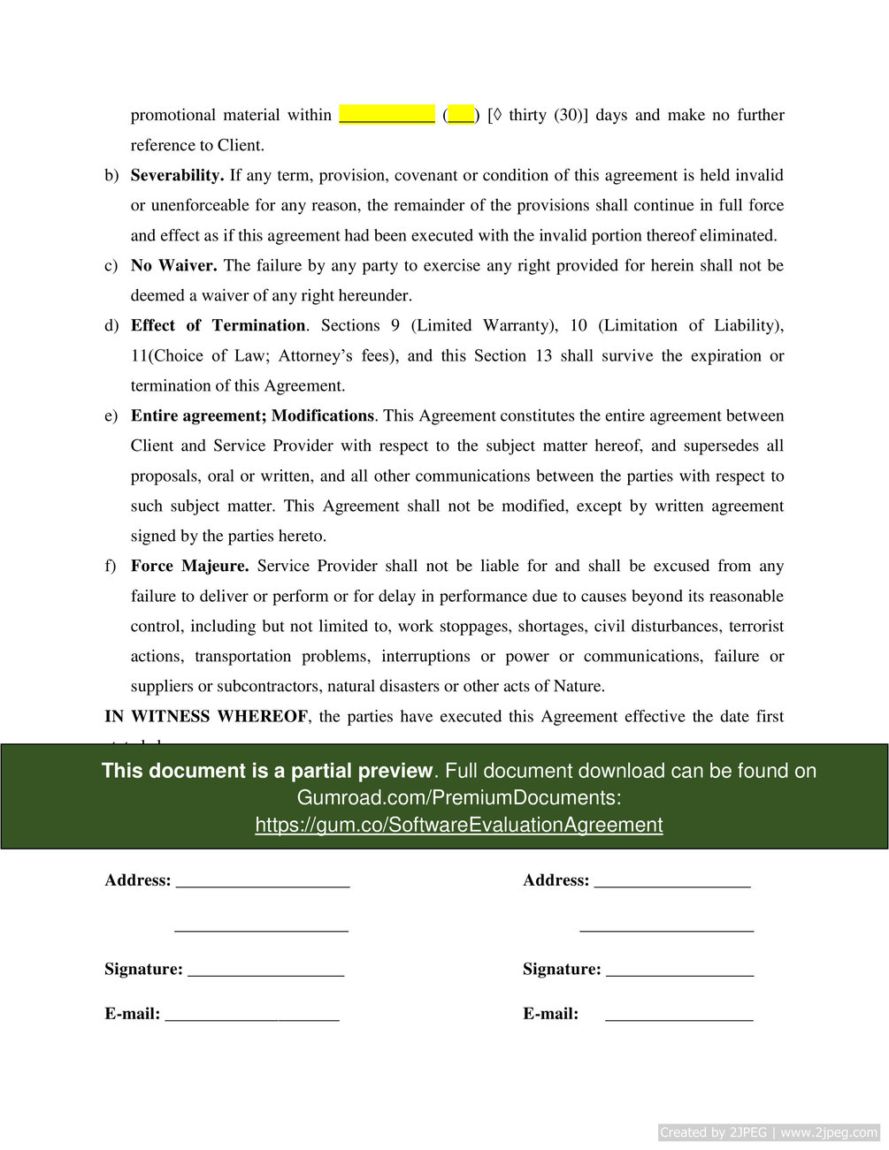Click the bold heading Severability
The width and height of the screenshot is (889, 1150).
pos(177,175)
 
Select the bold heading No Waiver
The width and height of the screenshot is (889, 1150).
pos(173,265)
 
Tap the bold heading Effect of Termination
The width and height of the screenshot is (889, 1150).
pos(218,325)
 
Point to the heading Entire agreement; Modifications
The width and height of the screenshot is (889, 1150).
pos(252,415)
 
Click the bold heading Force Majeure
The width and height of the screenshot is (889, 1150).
pos(189,566)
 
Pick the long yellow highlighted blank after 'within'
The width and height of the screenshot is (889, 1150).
pos(387,115)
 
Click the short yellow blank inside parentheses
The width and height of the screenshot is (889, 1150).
pos(461,115)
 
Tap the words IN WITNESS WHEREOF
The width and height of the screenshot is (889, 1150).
pos(206,716)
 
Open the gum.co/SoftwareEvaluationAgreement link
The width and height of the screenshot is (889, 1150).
pos(458,825)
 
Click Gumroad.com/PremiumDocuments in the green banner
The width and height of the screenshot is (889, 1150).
pos(458,797)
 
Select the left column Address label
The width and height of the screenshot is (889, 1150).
pos(137,880)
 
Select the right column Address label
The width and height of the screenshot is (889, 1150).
pos(556,880)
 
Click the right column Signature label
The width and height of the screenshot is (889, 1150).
pos(562,969)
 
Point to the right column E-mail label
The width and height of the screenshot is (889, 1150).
pos(550,1013)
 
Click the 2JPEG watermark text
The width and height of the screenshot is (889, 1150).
pos(768,1132)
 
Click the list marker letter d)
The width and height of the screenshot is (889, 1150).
pos(111,325)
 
